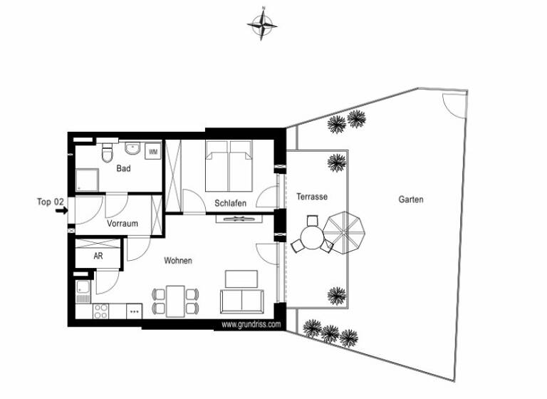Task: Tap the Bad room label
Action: [x=123, y=169]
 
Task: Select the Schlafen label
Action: [x=230, y=204]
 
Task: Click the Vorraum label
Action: [x=123, y=224]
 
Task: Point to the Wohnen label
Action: [x=177, y=261]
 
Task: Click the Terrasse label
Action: [x=312, y=197]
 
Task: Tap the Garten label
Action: [x=411, y=200]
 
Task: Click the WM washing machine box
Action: [x=152, y=152]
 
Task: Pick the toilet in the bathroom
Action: [x=107, y=152]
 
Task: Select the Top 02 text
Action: [x=51, y=202]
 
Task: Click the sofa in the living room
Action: [x=243, y=301]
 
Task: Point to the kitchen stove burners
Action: [x=100, y=311]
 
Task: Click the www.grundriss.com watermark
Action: [x=251, y=324]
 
